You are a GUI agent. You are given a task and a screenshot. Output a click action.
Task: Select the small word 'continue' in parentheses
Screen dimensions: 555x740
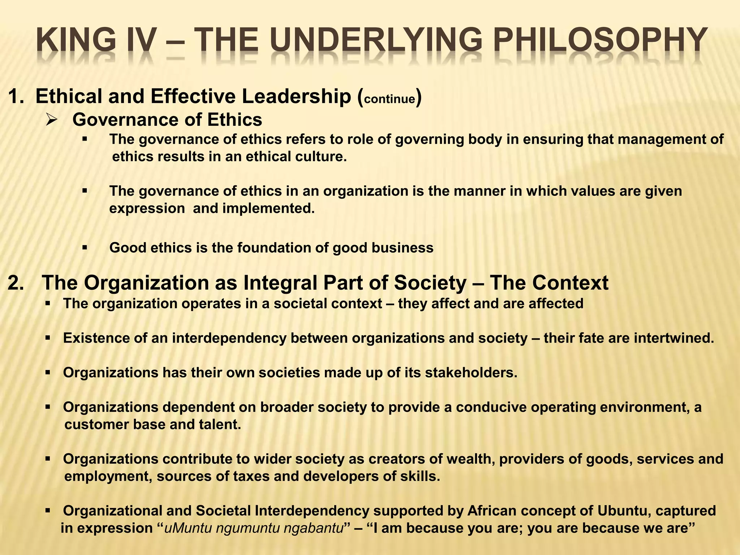tap(390, 99)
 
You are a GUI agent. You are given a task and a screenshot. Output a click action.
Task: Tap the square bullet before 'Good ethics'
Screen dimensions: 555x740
tap(85, 248)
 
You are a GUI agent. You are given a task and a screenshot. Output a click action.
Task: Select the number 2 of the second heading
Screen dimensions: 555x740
tap(14, 283)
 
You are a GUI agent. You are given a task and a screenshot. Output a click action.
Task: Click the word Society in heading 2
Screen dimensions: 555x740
tap(430, 283)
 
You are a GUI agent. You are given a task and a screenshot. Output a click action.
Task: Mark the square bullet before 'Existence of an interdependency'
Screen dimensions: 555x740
tap(48, 339)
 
